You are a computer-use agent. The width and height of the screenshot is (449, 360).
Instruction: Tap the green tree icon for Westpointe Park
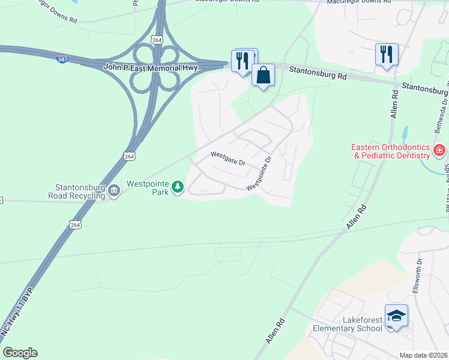177,188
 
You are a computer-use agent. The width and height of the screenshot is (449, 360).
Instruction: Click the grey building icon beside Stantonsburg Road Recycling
113,191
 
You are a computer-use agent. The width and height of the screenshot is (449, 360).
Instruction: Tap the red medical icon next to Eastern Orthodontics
439,150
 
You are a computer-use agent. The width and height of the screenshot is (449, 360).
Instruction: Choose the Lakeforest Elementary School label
348,324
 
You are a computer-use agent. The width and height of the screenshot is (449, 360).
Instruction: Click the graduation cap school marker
396,316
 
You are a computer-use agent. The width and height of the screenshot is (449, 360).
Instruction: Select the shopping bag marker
263,76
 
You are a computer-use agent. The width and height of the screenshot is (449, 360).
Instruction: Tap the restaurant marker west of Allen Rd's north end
386,55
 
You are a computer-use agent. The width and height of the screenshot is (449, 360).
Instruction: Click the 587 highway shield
62,59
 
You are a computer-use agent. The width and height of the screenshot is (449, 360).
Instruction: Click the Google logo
19,353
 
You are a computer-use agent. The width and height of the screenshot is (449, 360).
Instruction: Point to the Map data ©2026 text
423,355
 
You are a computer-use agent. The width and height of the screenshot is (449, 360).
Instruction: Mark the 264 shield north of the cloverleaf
157,40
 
